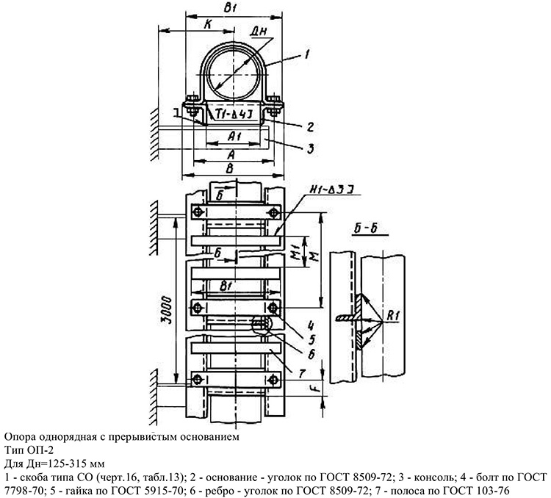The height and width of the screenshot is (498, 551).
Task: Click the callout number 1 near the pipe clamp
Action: [307, 52]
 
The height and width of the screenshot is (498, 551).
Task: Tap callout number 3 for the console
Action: [311, 148]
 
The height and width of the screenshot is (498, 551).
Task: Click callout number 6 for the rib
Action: [312, 354]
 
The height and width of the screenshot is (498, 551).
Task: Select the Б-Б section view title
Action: [365, 229]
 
